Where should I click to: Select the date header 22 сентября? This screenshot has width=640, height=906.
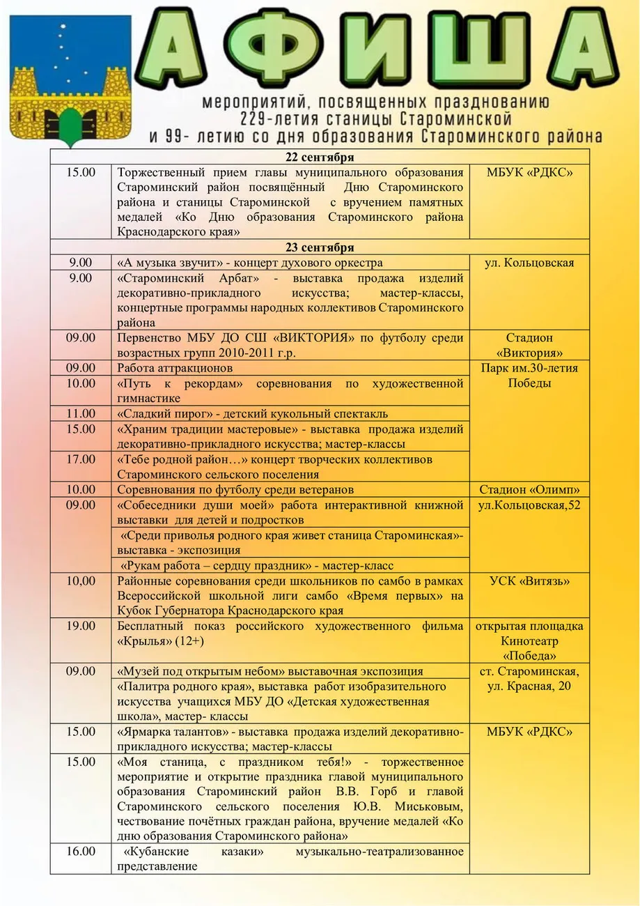pyautogui.click(x=320, y=156)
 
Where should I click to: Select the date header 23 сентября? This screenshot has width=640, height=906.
pyautogui.click(x=320, y=247)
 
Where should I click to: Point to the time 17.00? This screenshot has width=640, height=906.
pyautogui.click(x=81, y=459)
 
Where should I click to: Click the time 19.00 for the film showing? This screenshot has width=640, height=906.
pyautogui.click(x=81, y=626)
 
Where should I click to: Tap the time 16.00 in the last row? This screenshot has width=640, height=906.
pyautogui.click(x=81, y=851)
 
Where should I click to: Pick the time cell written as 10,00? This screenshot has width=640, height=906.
pyautogui.click(x=81, y=581)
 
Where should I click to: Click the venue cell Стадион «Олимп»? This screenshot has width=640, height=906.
pyautogui.click(x=529, y=489)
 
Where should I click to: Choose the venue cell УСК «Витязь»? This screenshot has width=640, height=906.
pyautogui.click(x=529, y=581)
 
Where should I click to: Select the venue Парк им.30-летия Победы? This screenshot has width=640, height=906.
pyautogui.click(x=529, y=375)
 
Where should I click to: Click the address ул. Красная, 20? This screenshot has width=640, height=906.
pyautogui.click(x=529, y=686)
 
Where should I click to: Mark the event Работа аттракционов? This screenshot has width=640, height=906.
pyautogui.click(x=175, y=368)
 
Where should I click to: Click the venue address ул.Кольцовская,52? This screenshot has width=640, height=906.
pyautogui.click(x=529, y=505)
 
